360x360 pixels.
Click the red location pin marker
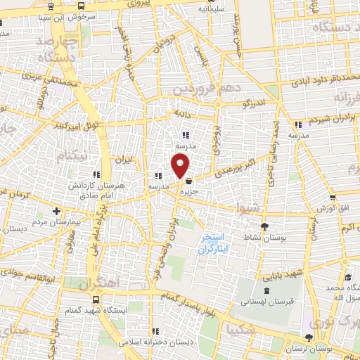pyautogui.click(x=181, y=165)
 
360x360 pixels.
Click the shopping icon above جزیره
pyautogui.click(x=188, y=181)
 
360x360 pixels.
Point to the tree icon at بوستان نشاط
pyautogui.click(x=264, y=226)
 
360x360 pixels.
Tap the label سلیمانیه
pyautogui.click(x=212, y=9)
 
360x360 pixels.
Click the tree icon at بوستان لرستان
pyautogui.click(x=309, y=338)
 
